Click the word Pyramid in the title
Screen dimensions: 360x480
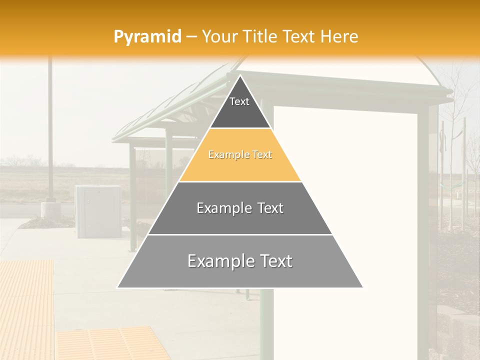(x=147, y=37)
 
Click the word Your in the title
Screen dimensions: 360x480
(x=219, y=37)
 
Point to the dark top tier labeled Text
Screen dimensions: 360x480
(x=240, y=107)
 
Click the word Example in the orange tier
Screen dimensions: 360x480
(x=225, y=155)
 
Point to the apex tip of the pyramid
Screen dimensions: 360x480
(x=240, y=76)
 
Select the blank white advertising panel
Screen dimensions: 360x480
(x=345, y=200)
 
